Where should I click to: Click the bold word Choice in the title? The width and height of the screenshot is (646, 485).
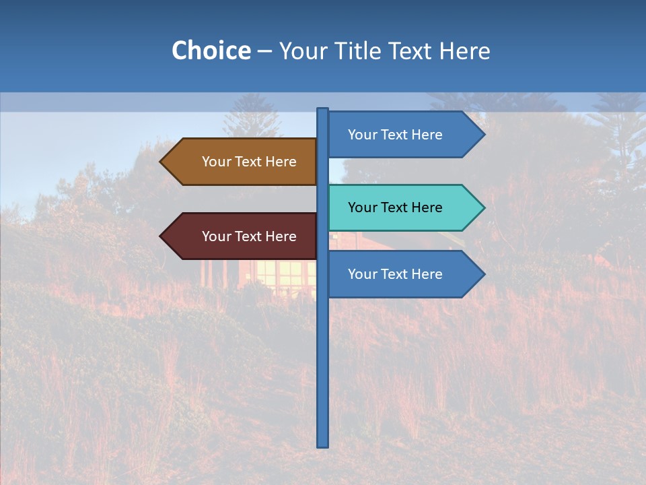(x=211, y=51)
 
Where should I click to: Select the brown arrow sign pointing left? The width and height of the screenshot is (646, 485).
(x=242, y=162)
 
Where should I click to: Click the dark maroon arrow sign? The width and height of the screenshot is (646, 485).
(x=242, y=236)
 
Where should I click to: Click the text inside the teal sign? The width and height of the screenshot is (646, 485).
(x=395, y=207)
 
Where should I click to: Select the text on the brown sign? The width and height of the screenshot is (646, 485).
(x=249, y=162)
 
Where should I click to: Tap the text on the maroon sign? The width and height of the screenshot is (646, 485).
(x=249, y=236)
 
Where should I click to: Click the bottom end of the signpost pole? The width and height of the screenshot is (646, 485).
(x=323, y=445)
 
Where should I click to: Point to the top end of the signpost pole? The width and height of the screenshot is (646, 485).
(x=323, y=110)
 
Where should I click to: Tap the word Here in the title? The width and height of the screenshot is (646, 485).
(x=464, y=51)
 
